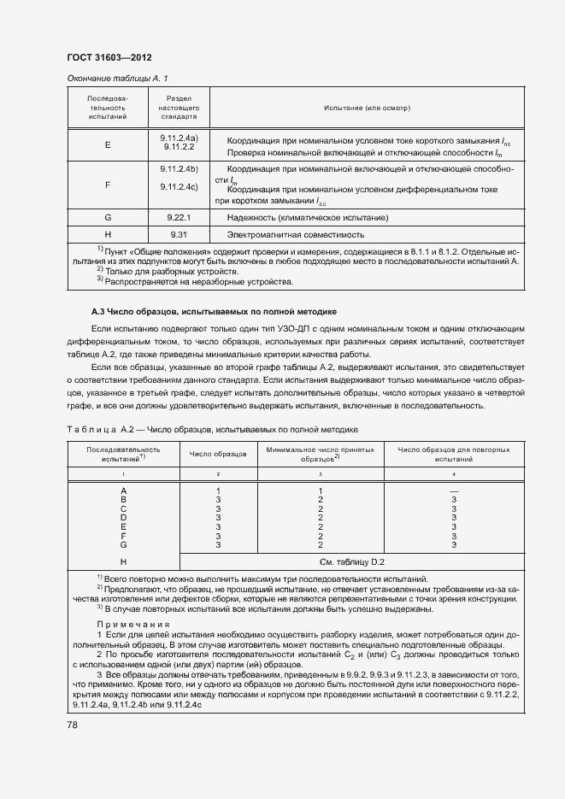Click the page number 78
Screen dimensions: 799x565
coord(73,725)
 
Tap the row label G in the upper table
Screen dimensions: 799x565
coord(108,218)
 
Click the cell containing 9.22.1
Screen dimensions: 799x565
coord(179,218)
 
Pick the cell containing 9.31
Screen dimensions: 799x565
coord(179,234)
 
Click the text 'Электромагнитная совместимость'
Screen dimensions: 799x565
coord(296,234)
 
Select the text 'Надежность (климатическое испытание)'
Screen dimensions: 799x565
coord(308,218)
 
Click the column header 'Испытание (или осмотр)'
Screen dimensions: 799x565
coord(367,109)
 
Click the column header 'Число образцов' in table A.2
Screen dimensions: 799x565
coord(218,454)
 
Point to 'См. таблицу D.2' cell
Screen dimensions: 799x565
coord(352,561)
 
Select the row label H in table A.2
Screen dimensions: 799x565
coord(124,561)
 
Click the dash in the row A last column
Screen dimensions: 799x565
coord(454,490)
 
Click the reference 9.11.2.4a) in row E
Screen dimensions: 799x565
coord(179,138)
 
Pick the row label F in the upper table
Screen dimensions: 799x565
coord(108,184)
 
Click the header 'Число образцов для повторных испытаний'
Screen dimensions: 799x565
coord(454,454)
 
